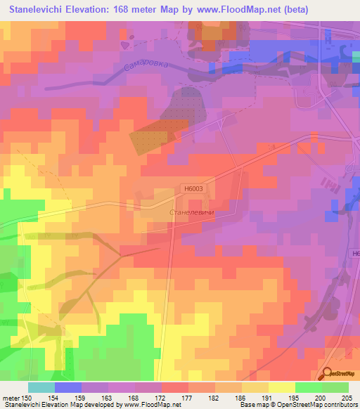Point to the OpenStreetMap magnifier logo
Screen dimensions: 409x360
pyautogui.click(x=327, y=373)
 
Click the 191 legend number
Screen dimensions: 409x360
pyautogui.click(x=268, y=398)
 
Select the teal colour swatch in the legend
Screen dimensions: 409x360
pyautogui.click(x=41, y=387)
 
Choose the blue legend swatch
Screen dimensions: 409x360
pyautogui.click(x=68, y=387)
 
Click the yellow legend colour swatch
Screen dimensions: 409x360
pyautogui.click(x=281, y=387)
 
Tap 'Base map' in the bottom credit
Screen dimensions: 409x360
pyautogui.click(x=252, y=405)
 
